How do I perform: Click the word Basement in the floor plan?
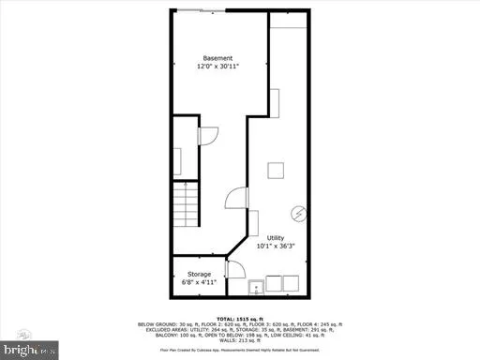(x=217, y=58)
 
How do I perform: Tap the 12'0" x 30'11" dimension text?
(x=217, y=67)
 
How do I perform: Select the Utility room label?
(x=276, y=238)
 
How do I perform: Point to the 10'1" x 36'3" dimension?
(x=276, y=247)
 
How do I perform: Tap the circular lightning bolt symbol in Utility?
(x=298, y=214)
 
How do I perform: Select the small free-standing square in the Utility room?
(x=276, y=171)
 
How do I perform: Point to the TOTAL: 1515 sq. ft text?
(x=240, y=319)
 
